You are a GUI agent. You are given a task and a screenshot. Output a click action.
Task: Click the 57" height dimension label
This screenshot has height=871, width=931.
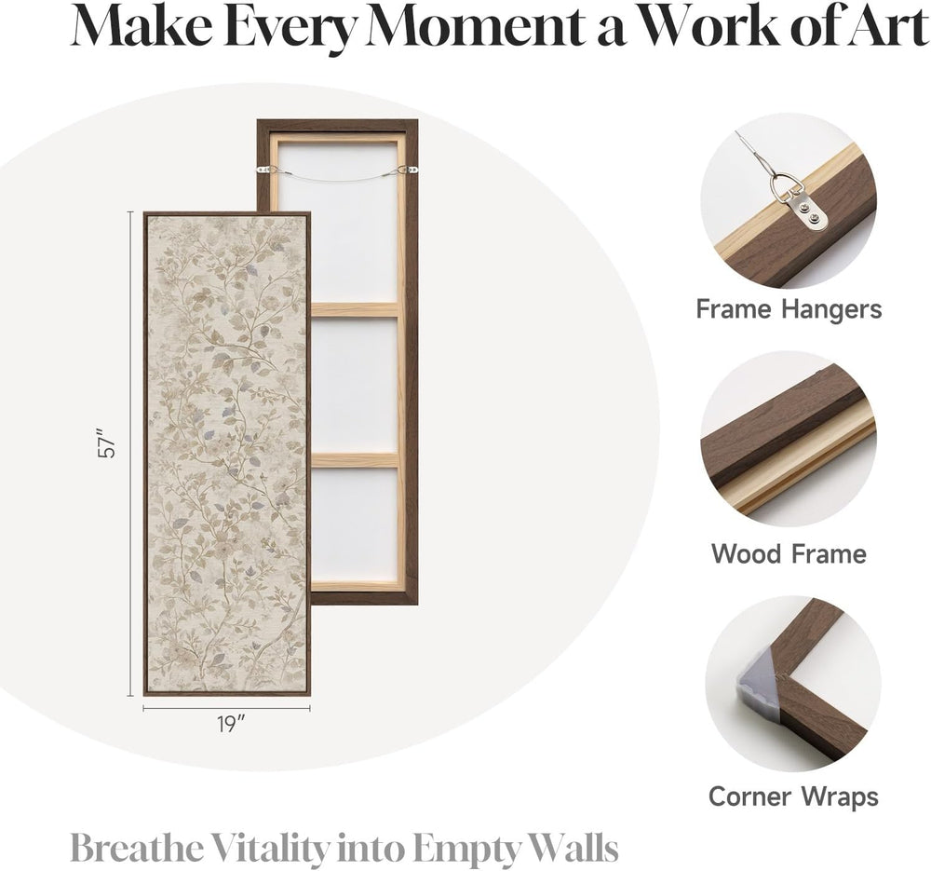tap(107, 442)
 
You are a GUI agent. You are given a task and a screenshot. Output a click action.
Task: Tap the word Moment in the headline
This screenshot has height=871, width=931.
tap(475, 28)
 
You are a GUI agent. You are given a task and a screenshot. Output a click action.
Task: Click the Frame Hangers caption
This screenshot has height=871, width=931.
tap(789, 310)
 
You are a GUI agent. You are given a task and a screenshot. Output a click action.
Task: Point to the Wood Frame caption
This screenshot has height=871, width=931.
tap(789, 553)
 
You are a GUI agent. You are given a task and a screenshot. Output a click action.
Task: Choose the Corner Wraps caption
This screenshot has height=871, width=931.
tap(793, 796)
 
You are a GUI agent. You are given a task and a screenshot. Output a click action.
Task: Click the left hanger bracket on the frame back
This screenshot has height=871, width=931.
tap(265, 170)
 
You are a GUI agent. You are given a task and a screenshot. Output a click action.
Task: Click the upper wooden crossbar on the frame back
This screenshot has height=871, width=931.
tap(355, 309)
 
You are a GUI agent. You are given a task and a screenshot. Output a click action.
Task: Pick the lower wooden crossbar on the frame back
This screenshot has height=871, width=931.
tap(355, 460)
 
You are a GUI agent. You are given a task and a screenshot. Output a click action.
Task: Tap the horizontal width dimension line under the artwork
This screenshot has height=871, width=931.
tap(227, 708)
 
